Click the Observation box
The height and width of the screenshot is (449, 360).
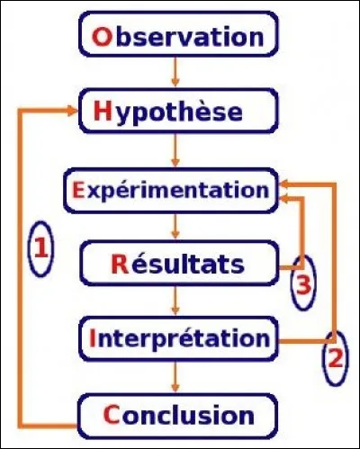177,38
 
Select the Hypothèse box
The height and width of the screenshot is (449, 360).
177,113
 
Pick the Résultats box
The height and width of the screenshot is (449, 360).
177,265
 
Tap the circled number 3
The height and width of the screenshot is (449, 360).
303,283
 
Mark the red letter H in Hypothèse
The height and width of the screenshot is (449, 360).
102,113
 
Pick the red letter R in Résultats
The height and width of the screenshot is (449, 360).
117,265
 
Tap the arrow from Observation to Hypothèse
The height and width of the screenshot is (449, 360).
177,76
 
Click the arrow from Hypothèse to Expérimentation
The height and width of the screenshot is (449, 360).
177,151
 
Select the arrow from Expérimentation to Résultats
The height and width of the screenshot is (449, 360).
177,227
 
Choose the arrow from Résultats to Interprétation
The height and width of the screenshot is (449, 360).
177,302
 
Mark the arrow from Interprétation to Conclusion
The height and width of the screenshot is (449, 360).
177,377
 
